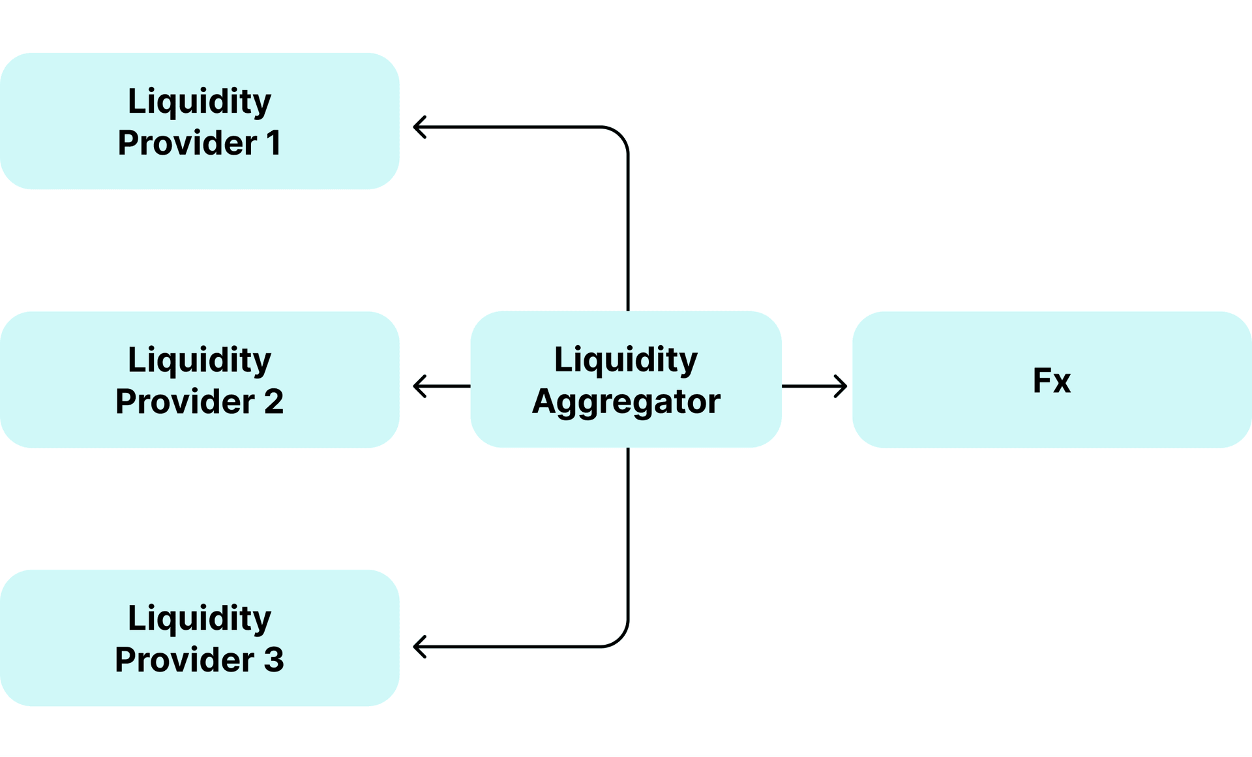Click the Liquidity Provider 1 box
pos(200,121)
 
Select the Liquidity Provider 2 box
pos(200,379)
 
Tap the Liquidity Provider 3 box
pos(200,638)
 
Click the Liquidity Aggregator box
pos(626,379)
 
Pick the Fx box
pos(1052,379)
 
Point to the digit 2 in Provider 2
pos(274,401)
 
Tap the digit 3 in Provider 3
pos(274,660)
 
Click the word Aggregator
pos(626,402)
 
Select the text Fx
pos(1052,380)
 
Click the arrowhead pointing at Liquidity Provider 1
pos(419,127)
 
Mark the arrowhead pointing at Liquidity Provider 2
pos(419,386)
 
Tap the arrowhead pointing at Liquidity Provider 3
pos(419,647)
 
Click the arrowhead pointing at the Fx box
pos(842,386)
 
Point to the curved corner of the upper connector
pos(619,136)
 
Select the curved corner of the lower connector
pos(619,638)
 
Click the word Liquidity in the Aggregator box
pos(626,360)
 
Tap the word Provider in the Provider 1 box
pos(187,143)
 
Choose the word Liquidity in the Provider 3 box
pos(200,619)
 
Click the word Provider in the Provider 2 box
pos(185,401)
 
